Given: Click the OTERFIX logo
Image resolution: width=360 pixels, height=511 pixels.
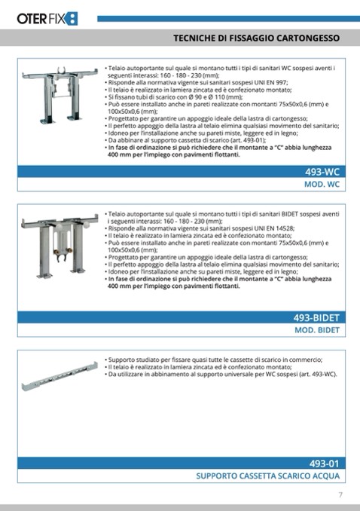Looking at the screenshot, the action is click(47, 19).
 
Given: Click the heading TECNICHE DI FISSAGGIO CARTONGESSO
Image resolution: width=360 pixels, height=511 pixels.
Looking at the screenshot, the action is click(256, 38).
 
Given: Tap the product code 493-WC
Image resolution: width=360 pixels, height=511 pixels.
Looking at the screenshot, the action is click(322, 172).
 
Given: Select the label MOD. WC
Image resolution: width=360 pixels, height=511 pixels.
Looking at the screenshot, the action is click(322, 185).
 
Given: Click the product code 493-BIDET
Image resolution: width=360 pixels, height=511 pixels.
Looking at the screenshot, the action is click(316, 318).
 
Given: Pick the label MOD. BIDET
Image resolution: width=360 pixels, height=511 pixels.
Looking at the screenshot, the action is click(317, 330).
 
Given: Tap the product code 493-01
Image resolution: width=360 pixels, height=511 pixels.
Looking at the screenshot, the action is click(325, 464).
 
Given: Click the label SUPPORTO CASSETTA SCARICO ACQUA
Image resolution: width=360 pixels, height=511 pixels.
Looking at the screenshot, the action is click(268, 476).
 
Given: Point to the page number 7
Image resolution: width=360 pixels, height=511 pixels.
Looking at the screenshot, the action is click(340, 494).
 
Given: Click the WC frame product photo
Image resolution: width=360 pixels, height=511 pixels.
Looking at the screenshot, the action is click(60, 96).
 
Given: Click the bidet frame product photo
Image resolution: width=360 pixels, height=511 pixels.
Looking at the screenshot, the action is click(59, 246).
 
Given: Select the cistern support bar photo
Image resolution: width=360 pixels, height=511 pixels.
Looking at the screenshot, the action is click(59, 376).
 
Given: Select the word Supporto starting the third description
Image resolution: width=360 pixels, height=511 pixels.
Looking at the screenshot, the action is click(121, 360).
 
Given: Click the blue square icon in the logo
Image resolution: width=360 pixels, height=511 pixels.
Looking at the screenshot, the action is click(72, 19).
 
